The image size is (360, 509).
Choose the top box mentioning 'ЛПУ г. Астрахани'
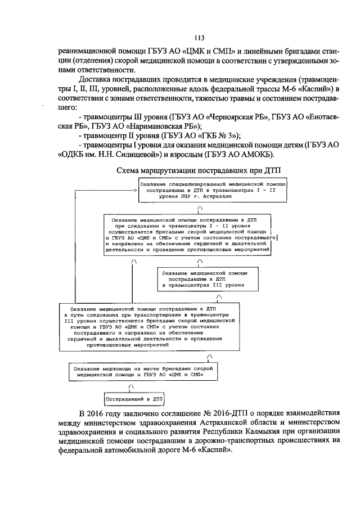(x=215, y=191)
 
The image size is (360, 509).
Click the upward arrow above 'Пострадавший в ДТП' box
(x=130, y=386)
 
